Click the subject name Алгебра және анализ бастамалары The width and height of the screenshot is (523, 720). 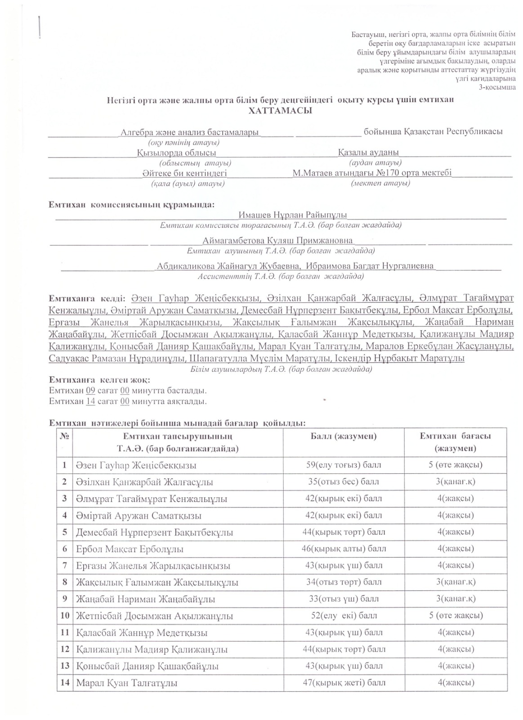190,132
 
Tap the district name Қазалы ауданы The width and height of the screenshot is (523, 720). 368,153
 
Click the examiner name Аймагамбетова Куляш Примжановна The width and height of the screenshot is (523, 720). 277,240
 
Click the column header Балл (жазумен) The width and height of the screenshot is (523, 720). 344,436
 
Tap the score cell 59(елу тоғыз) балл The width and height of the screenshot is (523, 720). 344,465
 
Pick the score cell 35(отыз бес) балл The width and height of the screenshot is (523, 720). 344,482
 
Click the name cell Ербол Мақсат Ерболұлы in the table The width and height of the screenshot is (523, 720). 130,549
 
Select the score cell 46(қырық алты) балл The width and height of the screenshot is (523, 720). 344,549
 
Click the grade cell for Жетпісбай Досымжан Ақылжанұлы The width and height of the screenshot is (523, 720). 456,616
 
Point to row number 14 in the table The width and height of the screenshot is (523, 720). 65,683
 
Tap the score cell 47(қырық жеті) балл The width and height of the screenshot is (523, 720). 344,683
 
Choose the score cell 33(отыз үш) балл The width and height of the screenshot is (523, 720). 344,599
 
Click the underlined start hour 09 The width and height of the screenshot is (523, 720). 90,390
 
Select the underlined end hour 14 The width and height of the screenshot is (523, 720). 90,401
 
